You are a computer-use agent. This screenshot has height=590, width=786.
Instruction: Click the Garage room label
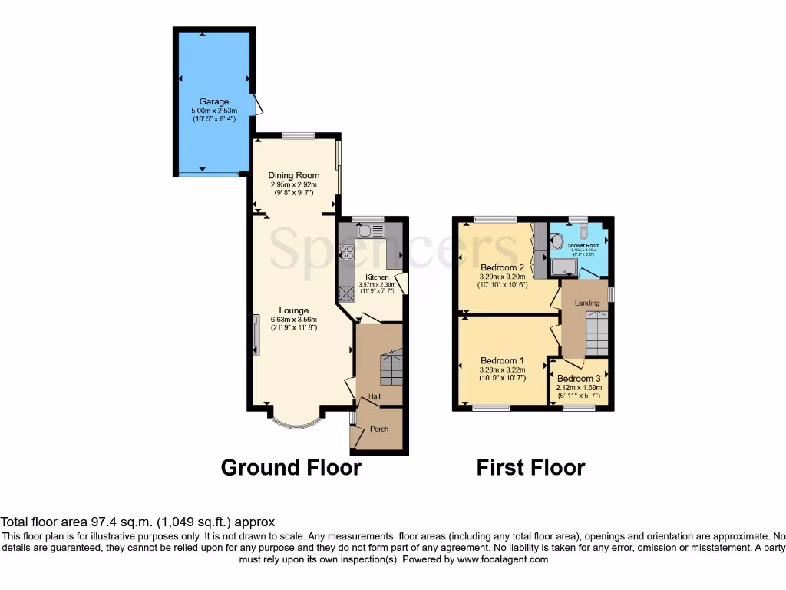pos(214,101)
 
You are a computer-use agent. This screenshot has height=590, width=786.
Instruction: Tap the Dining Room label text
pos(293,175)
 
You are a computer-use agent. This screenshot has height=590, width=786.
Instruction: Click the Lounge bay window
pos(294,423)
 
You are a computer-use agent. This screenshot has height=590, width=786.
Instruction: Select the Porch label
pos(378,429)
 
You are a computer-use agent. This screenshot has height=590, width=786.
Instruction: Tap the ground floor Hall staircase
pos(391,369)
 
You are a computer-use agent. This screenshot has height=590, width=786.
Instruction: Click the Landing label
pos(587,303)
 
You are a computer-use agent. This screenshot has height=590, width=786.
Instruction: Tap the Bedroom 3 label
pos(579,379)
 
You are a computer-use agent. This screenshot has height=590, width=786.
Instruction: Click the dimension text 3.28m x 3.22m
pos(501,370)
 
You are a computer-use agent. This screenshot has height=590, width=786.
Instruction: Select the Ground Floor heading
pos(291,467)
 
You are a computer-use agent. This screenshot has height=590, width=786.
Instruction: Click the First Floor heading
pos(530,467)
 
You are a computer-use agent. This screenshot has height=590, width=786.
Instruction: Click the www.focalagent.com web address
pos(503,559)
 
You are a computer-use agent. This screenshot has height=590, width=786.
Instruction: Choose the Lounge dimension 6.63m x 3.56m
pos(293,320)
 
